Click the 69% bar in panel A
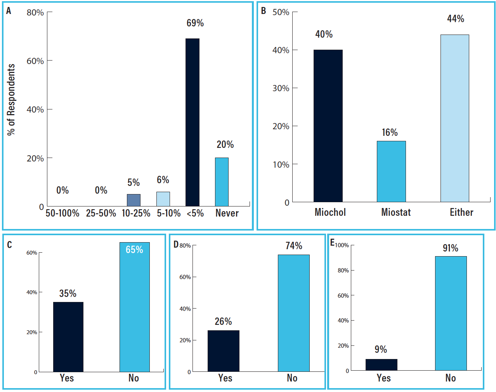pyautogui.click(x=193, y=122)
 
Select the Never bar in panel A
pyautogui.click(x=222, y=182)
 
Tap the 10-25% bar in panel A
pyautogui.click(x=134, y=200)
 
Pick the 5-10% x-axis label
pyautogui.click(x=168, y=213)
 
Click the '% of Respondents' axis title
pyautogui.click(x=11, y=100)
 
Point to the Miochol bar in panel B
pyautogui.click(x=328, y=126)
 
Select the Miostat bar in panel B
pyautogui.click(x=391, y=171)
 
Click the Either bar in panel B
pyautogui.click(x=454, y=118)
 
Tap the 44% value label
pyautogui.click(x=455, y=19)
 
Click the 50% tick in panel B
pyautogui.click(x=281, y=12)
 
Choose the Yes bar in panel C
pyautogui.click(x=68, y=337)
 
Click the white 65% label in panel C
pyautogui.click(x=134, y=250)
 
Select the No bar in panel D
pyautogui.click(x=293, y=313)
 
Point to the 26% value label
pyautogui.click(x=223, y=321)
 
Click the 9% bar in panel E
pyautogui.click(x=381, y=365)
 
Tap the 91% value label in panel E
pyautogui.click(x=450, y=248)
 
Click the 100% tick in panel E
pyautogui.click(x=342, y=245)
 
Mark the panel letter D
pyautogui.click(x=176, y=245)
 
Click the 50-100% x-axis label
pyautogui.click(x=62, y=213)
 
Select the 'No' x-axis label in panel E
pyautogui.click(x=450, y=378)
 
